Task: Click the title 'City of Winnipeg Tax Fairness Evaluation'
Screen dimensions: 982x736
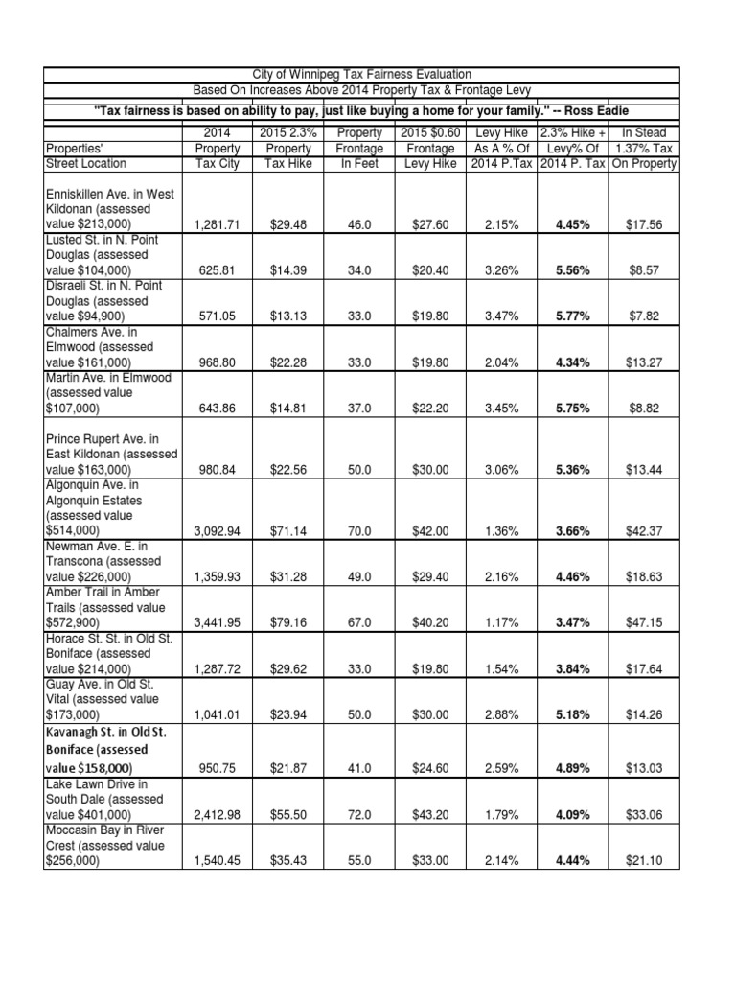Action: [361, 75]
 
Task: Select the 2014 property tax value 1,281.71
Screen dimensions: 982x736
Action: [216, 224]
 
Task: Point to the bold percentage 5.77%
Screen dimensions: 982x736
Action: [572, 316]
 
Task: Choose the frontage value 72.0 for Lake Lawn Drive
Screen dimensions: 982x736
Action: [358, 814]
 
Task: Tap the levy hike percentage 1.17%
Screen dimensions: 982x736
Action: [501, 622]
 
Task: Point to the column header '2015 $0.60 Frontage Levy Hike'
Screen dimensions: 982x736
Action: [430, 148]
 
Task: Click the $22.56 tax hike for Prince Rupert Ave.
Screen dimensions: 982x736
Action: [287, 469]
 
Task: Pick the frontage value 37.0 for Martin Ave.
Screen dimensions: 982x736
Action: [358, 408]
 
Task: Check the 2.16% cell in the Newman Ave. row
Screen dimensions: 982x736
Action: [501, 575]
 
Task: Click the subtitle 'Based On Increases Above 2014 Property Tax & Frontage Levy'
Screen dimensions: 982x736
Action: [361, 91]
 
